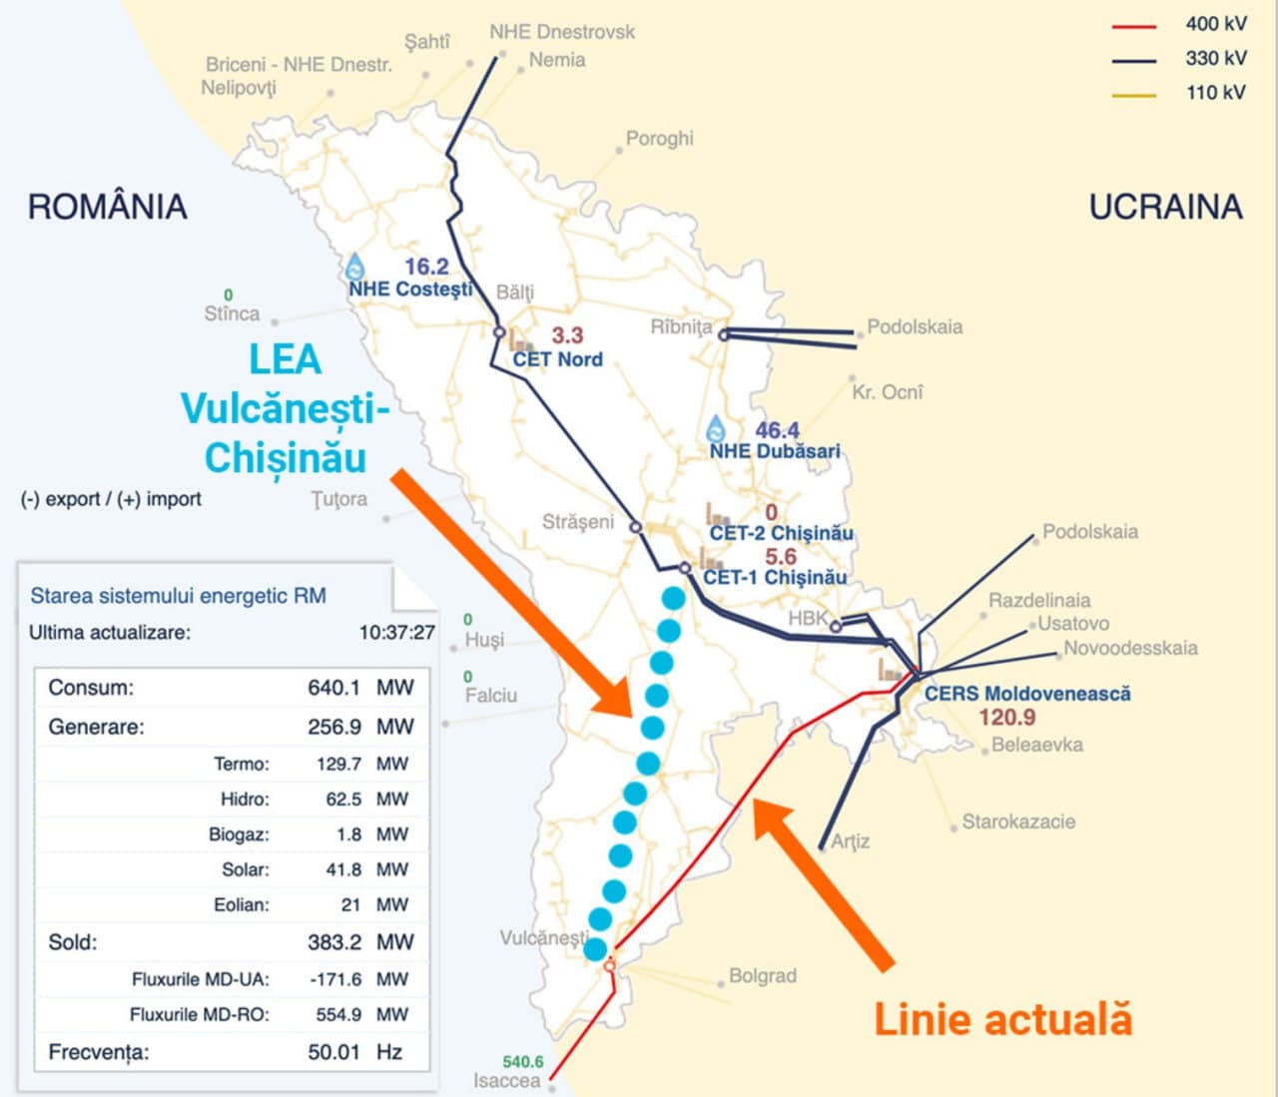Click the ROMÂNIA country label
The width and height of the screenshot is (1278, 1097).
click(x=107, y=207)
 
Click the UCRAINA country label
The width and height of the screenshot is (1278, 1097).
click(x=1165, y=207)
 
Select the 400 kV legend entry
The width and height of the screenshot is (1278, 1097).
click(x=1215, y=24)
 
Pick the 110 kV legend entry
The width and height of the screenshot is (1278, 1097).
click(x=1215, y=93)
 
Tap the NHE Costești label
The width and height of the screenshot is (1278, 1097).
click(x=410, y=289)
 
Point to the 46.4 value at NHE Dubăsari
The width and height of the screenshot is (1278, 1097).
click(x=777, y=430)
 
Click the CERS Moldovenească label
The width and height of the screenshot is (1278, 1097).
click(x=1027, y=693)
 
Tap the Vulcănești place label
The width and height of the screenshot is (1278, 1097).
click(x=544, y=937)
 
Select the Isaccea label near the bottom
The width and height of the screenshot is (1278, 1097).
click(x=506, y=1081)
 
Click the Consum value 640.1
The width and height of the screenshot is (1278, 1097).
click(x=333, y=688)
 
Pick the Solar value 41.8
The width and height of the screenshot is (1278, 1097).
click(x=343, y=869)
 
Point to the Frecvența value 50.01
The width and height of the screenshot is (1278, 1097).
click(x=333, y=1052)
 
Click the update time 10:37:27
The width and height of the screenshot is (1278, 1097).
click(x=396, y=633)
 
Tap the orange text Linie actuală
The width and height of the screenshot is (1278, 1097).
click(x=1002, y=1020)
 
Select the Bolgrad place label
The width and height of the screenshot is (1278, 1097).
click(x=762, y=976)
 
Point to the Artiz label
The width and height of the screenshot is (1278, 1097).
click(x=850, y=841)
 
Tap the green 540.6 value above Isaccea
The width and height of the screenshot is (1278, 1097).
click(x=523, y=1062)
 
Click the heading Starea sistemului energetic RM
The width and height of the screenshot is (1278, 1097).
click(x=178, y=596)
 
